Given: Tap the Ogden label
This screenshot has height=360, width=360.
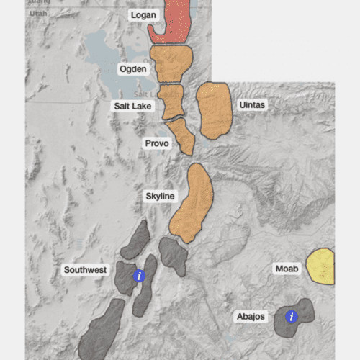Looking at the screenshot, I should tap(133, 69).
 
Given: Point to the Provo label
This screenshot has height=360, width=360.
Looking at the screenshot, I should tap(156, 144).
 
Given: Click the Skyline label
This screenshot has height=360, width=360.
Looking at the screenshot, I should tap(160, 196).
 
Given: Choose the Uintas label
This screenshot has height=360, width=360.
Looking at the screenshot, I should tap(252, 105).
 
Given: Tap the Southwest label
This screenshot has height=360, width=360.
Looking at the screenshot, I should tap(85, 271).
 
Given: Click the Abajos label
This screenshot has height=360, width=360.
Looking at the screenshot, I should tap(251, 316).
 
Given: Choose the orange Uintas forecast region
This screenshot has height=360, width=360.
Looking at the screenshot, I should tap(214, 109).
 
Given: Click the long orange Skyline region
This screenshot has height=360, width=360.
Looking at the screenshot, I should tap(192, 202).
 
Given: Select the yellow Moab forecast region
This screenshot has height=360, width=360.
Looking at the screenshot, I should tap(321, 266).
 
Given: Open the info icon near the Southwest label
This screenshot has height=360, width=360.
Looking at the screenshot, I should tap(140, 276).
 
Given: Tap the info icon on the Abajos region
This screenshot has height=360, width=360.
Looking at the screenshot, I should tap(292, 316).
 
